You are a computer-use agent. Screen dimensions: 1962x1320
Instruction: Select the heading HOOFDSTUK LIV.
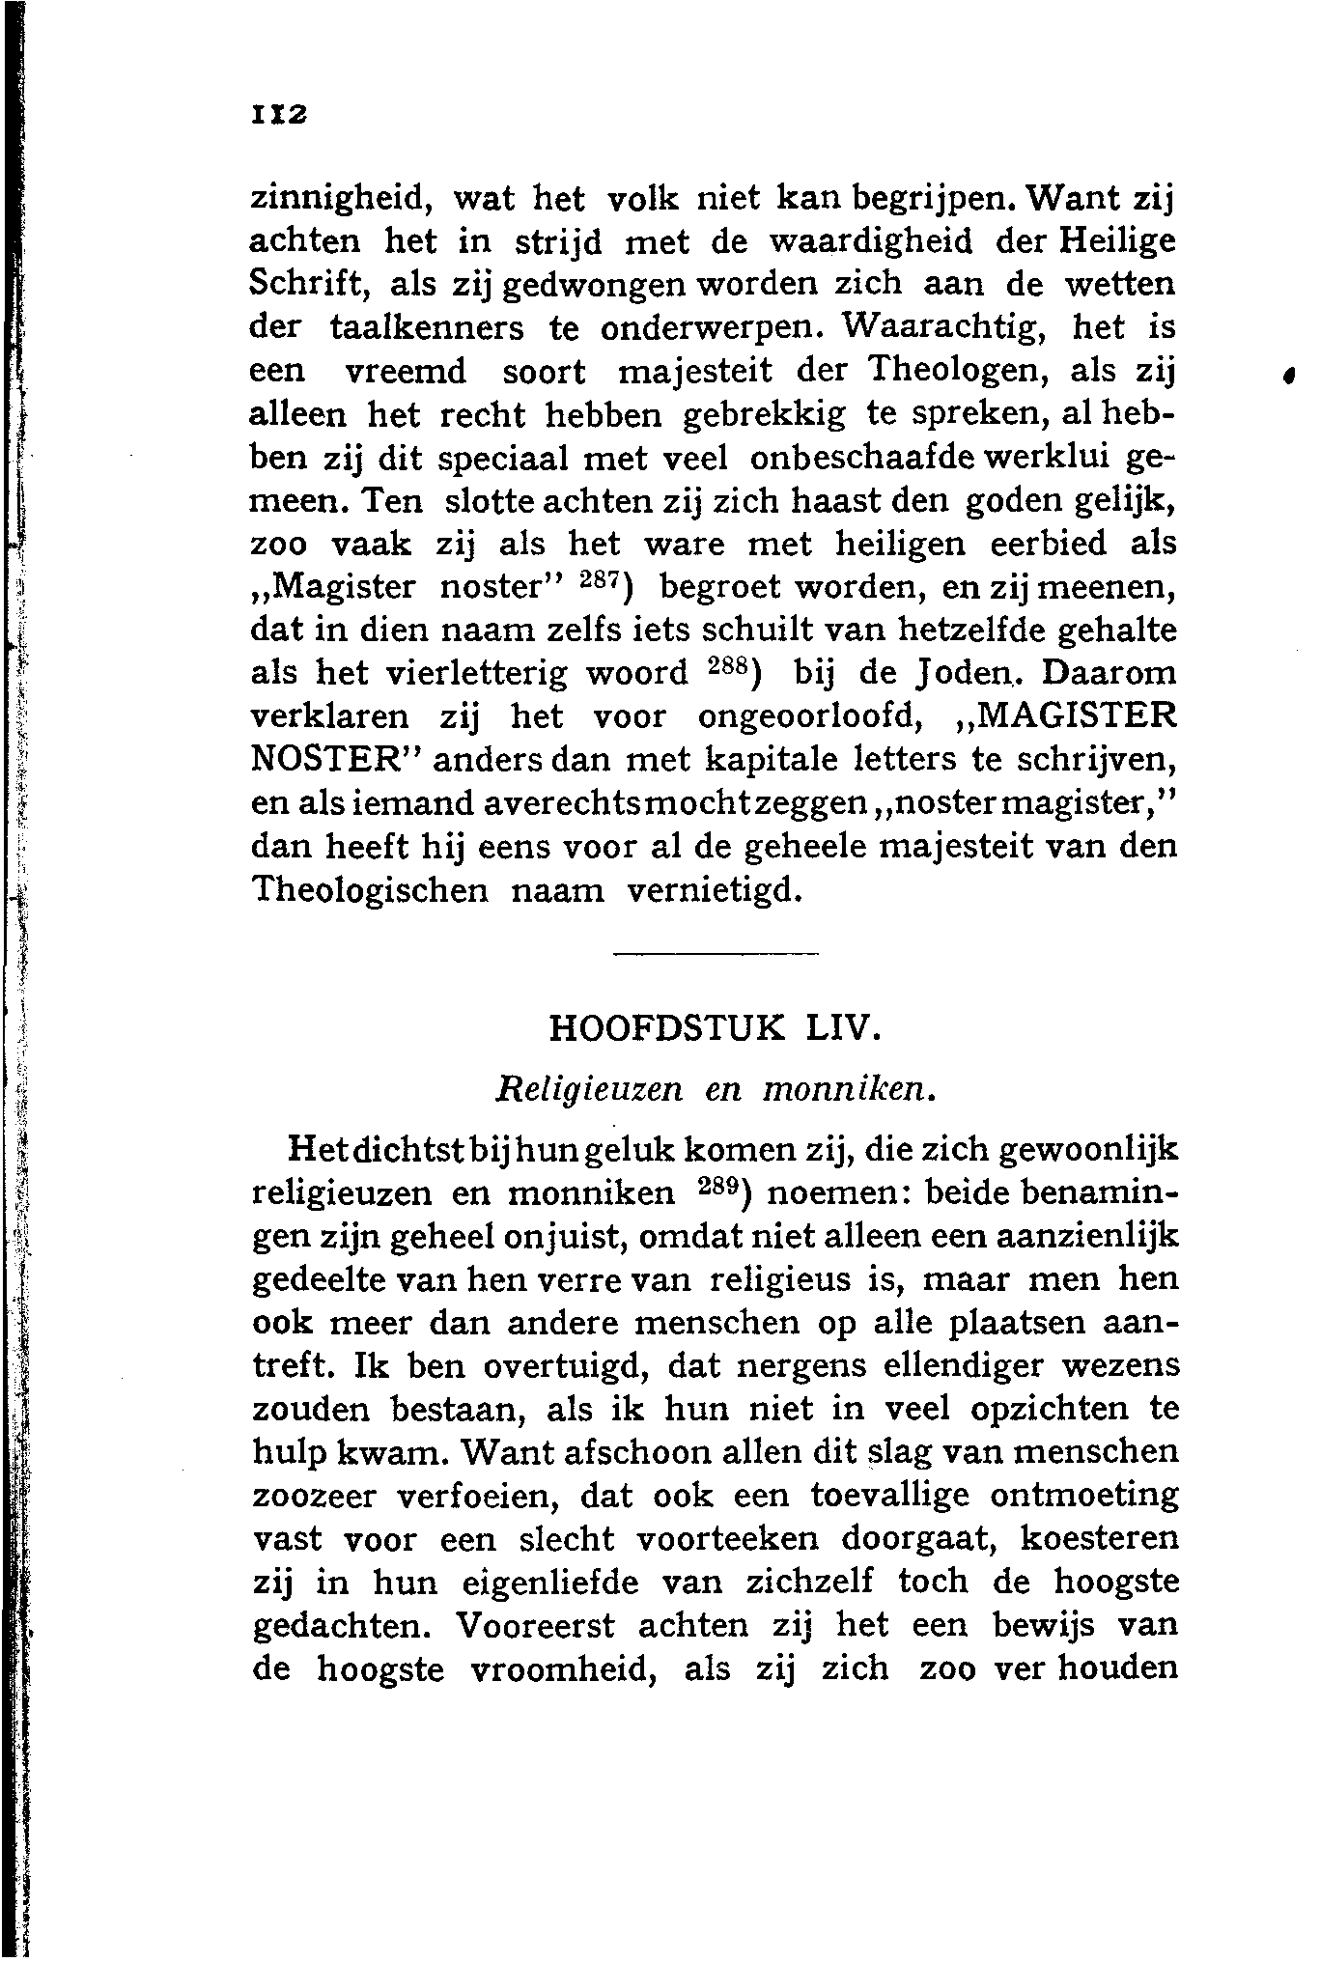[x=715, y=1027]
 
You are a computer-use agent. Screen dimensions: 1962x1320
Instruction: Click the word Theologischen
[x=370, y=889]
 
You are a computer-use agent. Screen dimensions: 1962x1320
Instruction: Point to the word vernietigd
[x=714, y=889]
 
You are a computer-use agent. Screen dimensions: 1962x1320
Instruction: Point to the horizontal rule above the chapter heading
[x=716, y=955]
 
